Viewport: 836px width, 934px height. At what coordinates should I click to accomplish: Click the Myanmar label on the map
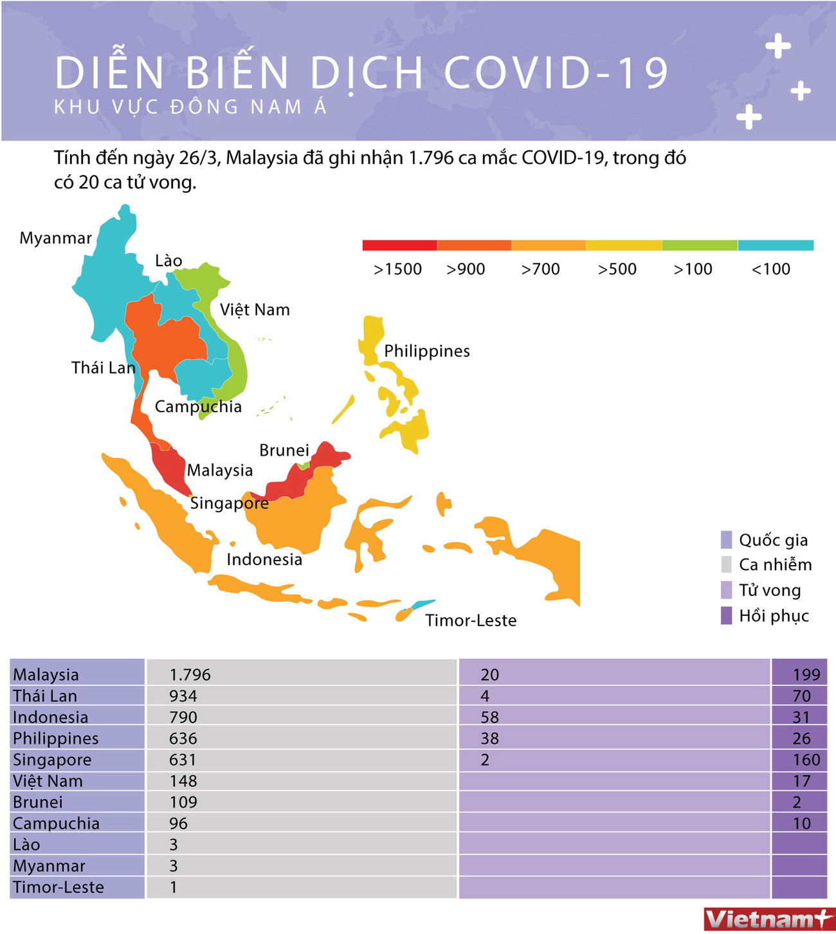(x=55, y=238)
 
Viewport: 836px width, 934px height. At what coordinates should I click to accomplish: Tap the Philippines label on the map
(x=427, y=351)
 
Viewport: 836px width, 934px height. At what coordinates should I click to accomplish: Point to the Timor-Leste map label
(x=471, y=620)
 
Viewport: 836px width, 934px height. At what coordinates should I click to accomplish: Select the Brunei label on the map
(x=284, y=450)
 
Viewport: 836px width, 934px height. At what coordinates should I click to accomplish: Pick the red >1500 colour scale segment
(x=399, y=245)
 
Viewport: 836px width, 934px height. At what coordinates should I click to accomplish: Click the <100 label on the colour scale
(x=770, y=269)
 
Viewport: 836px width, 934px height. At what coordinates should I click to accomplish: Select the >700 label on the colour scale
(x=540, y=269)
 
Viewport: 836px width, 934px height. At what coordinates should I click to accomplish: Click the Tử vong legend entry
(x=769, y=590)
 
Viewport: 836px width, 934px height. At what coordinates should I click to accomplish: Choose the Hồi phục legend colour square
(x=727, y=616)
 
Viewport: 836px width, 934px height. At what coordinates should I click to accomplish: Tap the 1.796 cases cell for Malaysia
(x=190, y=674)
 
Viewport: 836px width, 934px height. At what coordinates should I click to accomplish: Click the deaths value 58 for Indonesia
(x=489, y=717)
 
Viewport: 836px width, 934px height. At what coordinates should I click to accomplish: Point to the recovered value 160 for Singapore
(x=806, y=759)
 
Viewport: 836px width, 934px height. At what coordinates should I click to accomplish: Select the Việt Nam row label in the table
(x=48, y=781)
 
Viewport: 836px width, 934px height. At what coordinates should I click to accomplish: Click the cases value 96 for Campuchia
(x=178, y=823)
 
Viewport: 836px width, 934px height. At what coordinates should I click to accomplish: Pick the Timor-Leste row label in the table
(x=59, y=887)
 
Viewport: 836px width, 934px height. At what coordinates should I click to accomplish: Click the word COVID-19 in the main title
(x=556, y=73)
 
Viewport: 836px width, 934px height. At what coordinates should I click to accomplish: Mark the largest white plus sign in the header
(x=778, y=46)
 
